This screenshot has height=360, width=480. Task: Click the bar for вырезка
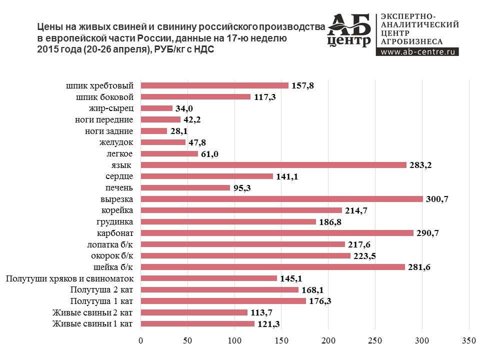pos(281,199)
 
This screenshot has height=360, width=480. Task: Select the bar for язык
pos(273,165)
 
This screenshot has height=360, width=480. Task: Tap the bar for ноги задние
pos(154,131)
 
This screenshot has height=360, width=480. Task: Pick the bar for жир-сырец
pos(156,108)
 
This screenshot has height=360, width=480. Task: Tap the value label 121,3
pos(269,324)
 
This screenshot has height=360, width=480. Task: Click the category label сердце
pos(119,176)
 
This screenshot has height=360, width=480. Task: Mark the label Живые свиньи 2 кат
pos(92,312)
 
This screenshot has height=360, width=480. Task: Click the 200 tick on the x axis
pos(328,341)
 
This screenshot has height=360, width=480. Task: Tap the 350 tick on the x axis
pos(468,341)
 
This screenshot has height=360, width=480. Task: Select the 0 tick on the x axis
pos(141,341)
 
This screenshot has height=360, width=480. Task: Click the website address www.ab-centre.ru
pos(417,51)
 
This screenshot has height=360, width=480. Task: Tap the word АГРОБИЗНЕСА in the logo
pos(412,41)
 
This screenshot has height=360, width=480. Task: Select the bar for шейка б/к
pos(273,267)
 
